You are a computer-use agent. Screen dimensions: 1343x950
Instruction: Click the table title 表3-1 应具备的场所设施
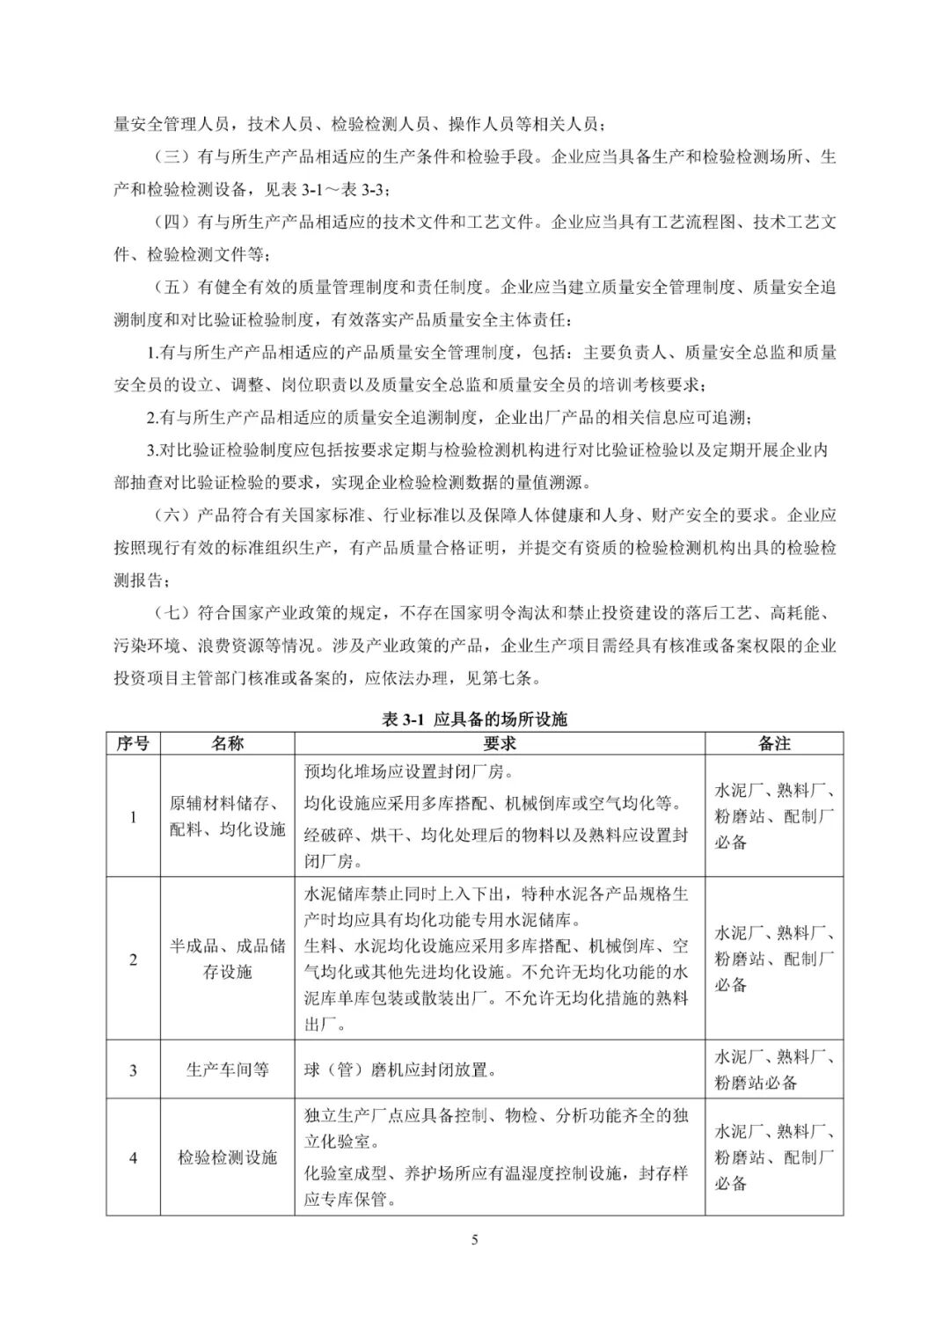(x=474, y=719)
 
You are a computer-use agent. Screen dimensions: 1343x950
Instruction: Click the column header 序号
(x=133, y=743)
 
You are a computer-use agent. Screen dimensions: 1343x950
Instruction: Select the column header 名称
(x=227, y=743)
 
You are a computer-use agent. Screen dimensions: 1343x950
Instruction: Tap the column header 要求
(x=499, y=743)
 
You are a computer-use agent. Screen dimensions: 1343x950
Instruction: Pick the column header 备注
(x=774, y=743)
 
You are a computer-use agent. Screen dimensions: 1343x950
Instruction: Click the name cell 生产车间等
(x=227, y=1069)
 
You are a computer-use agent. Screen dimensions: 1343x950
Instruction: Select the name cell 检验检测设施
(x=227, y=1157)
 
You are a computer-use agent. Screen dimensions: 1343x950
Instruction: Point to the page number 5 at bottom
(x=475, y=1240)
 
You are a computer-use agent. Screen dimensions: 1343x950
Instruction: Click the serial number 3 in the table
(x=133, y=1070)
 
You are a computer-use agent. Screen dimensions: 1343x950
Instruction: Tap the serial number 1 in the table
(x=133, y=817)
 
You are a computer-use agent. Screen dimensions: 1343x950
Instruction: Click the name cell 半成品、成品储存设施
(x=227, y=959)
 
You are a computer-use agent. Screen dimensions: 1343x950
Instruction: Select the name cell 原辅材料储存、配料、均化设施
(x=227, y=816)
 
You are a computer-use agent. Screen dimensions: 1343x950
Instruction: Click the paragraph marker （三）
(x=172, y=157)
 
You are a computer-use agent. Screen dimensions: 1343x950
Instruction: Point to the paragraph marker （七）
(x=172, y=613)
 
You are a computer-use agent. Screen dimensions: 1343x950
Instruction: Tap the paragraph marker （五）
(x=172, y=288)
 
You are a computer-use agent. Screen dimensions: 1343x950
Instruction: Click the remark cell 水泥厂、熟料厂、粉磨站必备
(x=774, y=1069)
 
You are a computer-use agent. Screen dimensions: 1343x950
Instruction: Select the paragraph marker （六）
(x=172, y=515)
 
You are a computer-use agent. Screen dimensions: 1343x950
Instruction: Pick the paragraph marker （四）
(x=172, y=223)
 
